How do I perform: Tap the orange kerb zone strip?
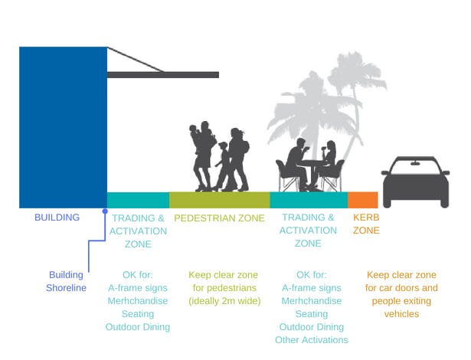(363, 200)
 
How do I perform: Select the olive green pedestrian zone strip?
(219, 200)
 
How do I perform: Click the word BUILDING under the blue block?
(57, 218)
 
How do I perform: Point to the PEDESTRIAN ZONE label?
(219, 218)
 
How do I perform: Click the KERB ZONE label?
(366, 224)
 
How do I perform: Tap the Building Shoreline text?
(67, 281)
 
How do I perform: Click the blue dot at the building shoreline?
(105, 209)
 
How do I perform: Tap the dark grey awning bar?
(162, 74)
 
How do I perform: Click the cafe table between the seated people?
(311, 162)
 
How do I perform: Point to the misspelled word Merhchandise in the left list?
(138, 301)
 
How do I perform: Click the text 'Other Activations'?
(311, 340)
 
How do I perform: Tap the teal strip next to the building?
(138, 200)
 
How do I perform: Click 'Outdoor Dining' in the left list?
(138, 327)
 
